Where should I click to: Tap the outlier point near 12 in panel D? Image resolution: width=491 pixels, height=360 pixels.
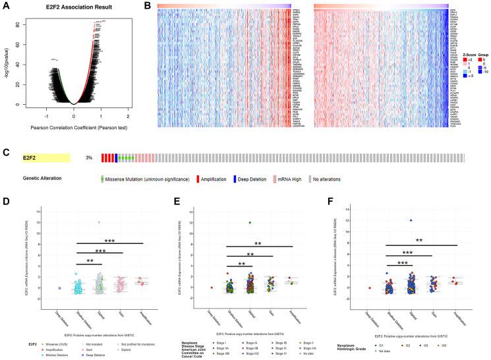coord(100,222)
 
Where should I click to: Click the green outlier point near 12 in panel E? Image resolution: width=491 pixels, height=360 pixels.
coord(250,223)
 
